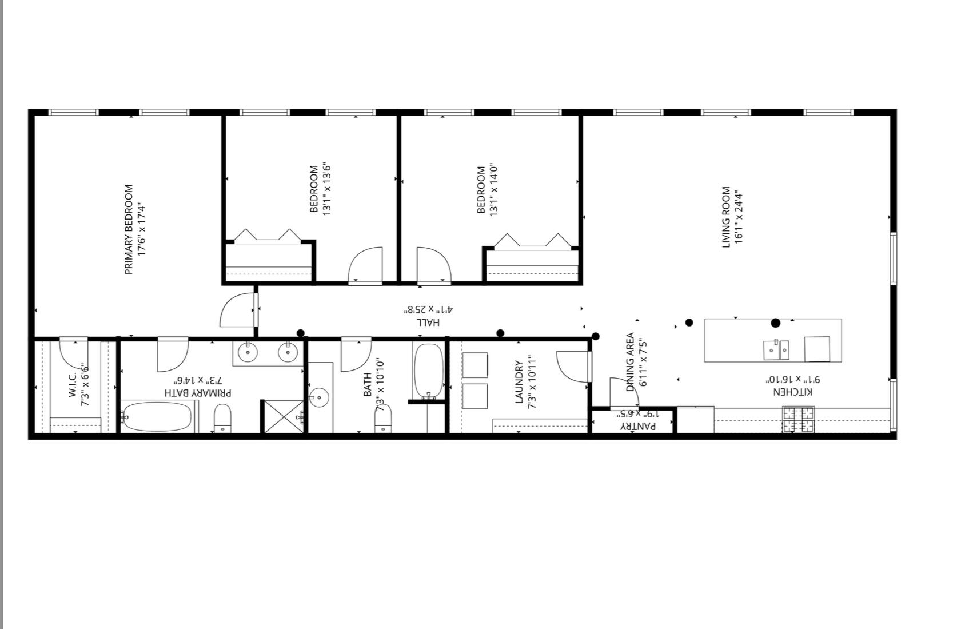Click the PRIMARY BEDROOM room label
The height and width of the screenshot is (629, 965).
(x=129, y=229)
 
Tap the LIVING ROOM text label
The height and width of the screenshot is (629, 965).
(x=725, y=217)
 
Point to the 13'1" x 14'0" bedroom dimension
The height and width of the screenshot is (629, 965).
(x=495, y=189)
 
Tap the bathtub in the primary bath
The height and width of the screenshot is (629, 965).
(x=157, y=417)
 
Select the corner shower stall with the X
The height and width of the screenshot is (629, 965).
(x=284, y=416)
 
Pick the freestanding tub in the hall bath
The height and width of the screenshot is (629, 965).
(x=428, y=371)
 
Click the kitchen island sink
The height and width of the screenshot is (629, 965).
(x=776, y=350)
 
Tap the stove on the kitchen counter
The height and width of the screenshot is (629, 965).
(x=798, y=420)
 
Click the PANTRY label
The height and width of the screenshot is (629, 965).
(x=639, y=426)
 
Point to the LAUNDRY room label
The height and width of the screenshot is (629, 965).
(x=519, y=382)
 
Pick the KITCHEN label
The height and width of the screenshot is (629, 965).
(x=792, y=392)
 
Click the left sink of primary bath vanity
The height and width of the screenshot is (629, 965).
(x=248, y=352)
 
